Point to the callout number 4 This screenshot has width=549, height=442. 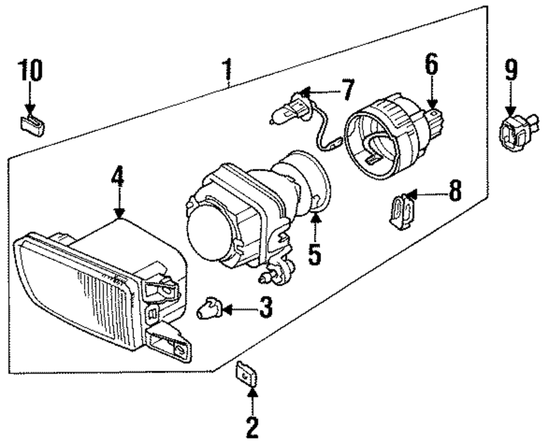pyautogui.click(x=117, y=177)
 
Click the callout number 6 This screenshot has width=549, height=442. pyautogui.click(x=430, y=65)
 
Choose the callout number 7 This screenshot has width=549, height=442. pyautogui.click(x=348, y=90)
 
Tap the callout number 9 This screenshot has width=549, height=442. pyautogui.click(x=511, y=71)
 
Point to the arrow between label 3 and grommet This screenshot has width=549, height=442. pyautogui.click(x=237, y=310)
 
